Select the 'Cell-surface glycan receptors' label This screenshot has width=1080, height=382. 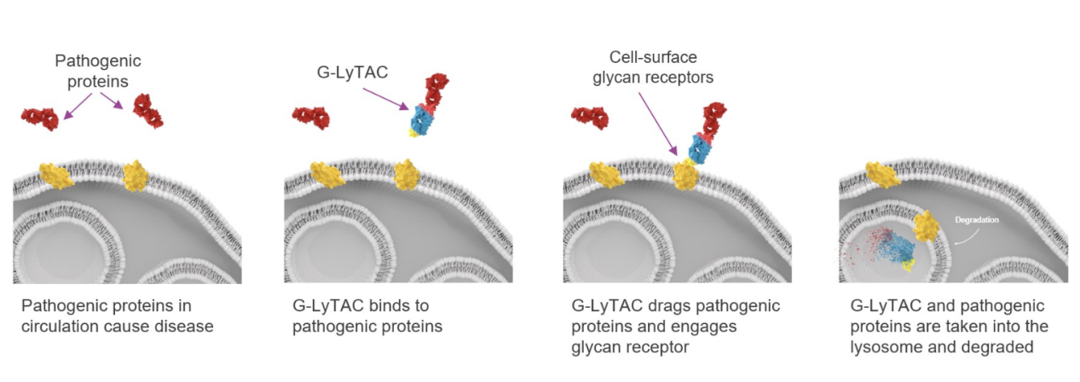(652, 67)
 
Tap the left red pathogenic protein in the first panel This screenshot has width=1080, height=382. (40, 119)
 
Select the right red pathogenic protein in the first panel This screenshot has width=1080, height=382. (147, 111)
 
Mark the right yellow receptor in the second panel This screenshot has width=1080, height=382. (407, 176)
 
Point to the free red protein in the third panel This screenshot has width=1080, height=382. (591, 119)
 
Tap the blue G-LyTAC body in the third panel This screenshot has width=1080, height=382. (701, 146)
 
